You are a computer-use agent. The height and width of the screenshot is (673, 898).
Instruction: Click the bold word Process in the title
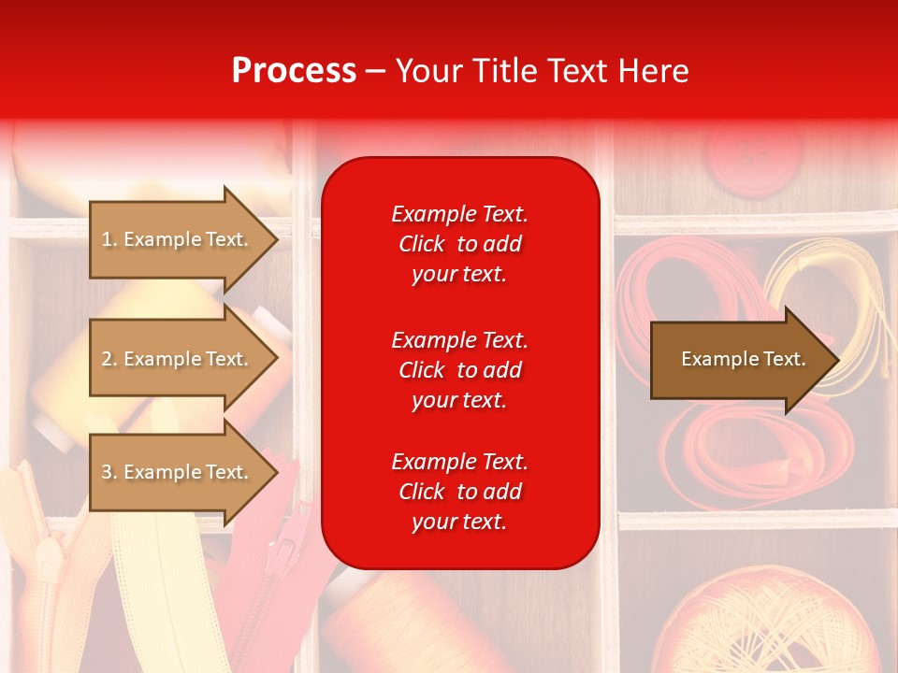point(294,71)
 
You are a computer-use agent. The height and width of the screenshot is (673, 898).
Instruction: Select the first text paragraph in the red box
point(459,244)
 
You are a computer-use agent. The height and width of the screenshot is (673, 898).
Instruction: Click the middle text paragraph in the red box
point(459,370)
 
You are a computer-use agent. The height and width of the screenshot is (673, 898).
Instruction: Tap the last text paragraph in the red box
point(459,492)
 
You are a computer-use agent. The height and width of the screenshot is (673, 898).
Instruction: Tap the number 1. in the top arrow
point(109,239)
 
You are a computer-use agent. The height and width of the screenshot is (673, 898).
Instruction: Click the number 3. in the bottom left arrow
point(109,472)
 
